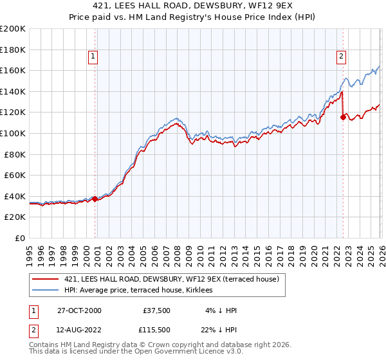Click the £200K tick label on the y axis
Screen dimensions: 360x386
(13, 29)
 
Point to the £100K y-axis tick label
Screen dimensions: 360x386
(13, 133)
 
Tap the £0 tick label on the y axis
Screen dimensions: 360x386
(19, 238)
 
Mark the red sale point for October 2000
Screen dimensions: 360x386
(95, 199)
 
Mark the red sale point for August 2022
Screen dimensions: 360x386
(343, 117)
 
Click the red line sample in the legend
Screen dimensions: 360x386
(45, 279)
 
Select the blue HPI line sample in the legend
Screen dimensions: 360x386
(45, 290)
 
